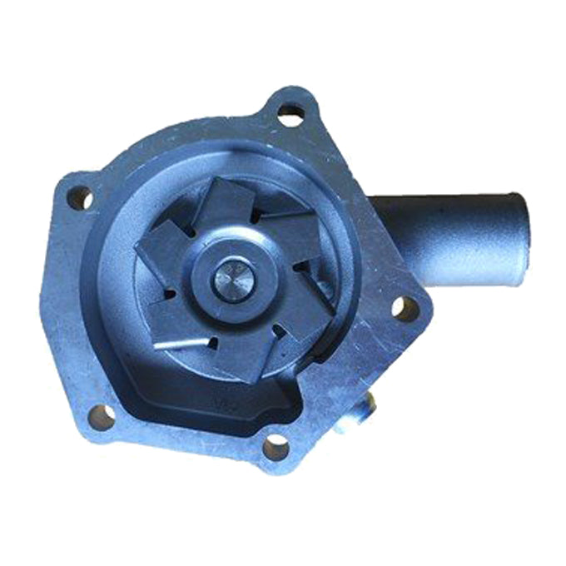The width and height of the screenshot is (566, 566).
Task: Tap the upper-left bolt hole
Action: pyautogui.click(x=80, y=197)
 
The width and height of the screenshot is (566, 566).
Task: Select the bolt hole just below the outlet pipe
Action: pyautogui.click(x=405, y=309)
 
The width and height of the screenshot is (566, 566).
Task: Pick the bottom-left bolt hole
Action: pyautogui.click(x=102, y=417)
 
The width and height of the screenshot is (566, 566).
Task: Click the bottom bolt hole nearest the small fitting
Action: pyautogui.click(x=276, y=449)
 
